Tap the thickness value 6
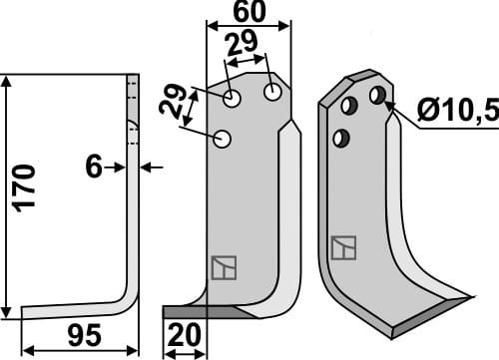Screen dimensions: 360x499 click(95, 168)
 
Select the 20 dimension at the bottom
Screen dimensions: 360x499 click(183, 336)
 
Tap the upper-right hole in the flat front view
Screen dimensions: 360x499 click(271, 92)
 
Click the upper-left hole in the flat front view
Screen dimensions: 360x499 click(233, 99)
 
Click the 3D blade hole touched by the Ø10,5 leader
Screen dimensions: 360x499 click(377, 96)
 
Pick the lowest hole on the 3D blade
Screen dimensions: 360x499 click(341, 137)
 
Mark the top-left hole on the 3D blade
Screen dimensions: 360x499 click(350, 106)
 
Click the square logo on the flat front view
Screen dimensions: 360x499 click(223, 268)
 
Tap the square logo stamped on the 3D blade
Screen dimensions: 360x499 click(343, 247)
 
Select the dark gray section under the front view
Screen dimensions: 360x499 click(200, 312)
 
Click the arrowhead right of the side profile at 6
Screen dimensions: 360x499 click(146, 168)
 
